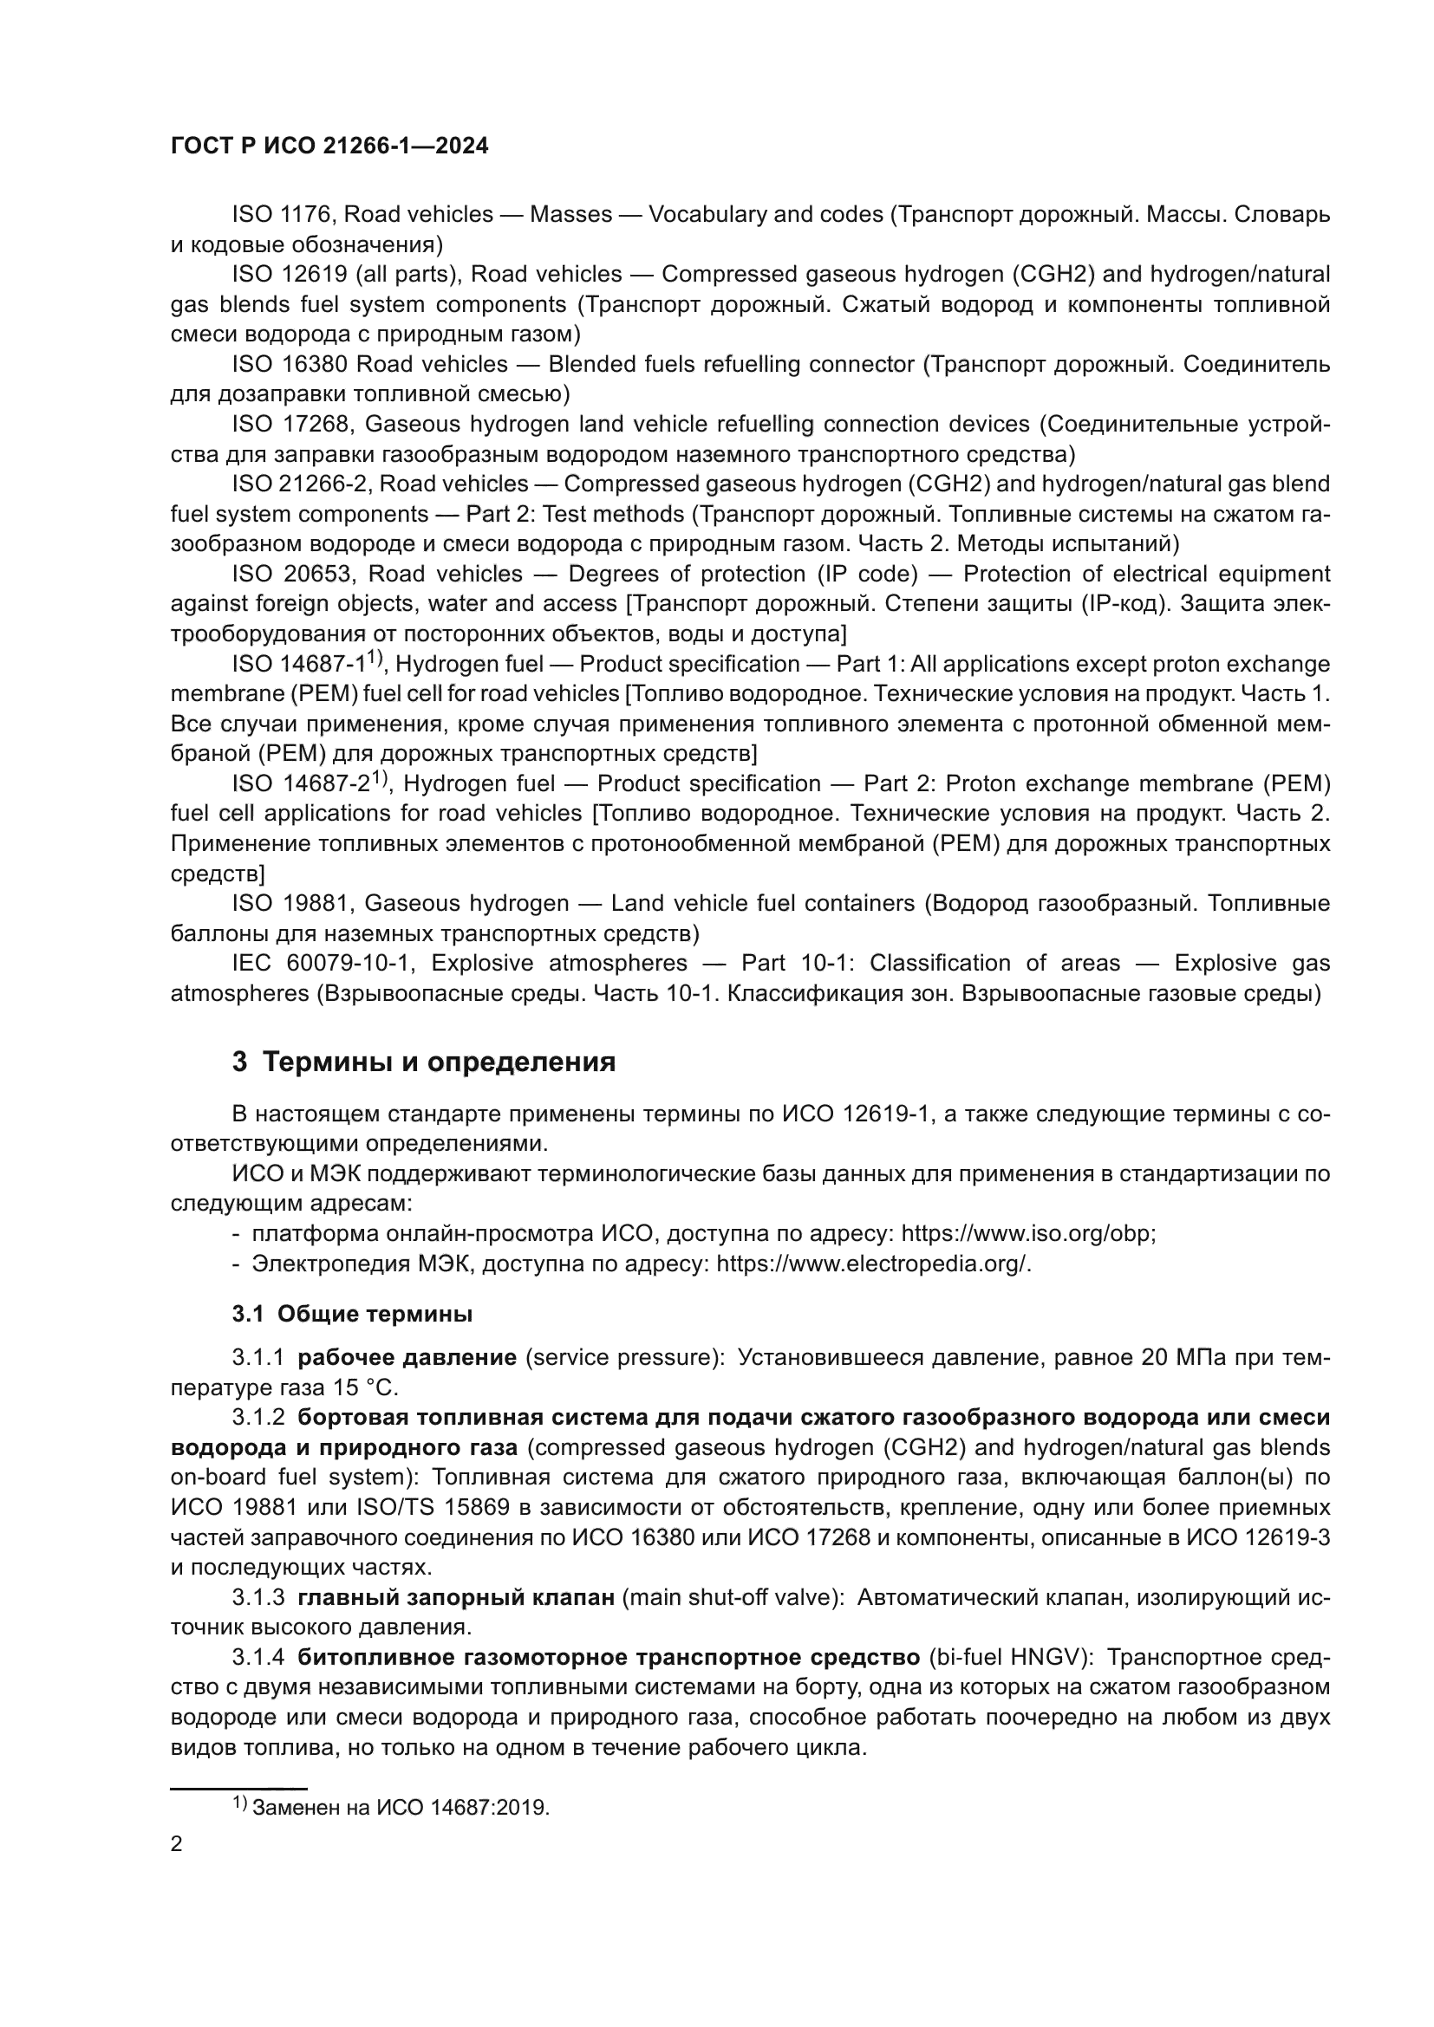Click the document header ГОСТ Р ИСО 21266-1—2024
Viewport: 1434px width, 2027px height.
(x=329, y=146)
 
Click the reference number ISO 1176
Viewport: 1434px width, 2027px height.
(x=281, y=215)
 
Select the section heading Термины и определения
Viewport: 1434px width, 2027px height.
(x=439, y=1062)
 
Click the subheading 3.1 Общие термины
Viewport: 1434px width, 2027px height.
(x=352, y=1314)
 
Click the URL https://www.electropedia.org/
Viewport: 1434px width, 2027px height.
(x=873, y=1264)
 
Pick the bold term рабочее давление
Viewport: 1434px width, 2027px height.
(x=407, y=1357)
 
